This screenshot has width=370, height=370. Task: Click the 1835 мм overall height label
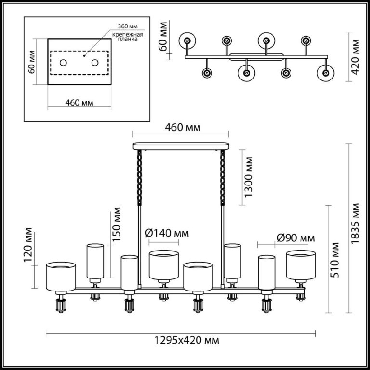355,224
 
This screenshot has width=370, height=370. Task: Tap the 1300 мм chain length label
249,176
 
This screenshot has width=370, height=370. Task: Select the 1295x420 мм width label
186,340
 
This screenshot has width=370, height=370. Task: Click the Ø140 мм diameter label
167,233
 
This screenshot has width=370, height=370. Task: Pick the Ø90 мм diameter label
296,238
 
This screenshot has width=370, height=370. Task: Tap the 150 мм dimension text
117,225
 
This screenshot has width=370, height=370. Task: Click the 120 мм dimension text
27,245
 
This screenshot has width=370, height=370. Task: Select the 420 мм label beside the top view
355,57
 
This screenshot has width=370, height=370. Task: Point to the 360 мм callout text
128,26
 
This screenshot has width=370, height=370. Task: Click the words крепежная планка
128,37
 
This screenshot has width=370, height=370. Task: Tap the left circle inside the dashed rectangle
63,63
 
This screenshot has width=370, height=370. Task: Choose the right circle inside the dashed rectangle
95,63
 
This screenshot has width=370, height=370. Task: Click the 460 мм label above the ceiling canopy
183,127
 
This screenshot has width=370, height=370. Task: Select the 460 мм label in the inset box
79,103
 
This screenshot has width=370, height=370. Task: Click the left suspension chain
139,178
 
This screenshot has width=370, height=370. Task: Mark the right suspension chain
223,178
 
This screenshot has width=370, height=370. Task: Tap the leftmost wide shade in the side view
61,277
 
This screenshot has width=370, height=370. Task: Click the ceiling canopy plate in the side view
181,146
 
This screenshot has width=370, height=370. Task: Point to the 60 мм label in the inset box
31,62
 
